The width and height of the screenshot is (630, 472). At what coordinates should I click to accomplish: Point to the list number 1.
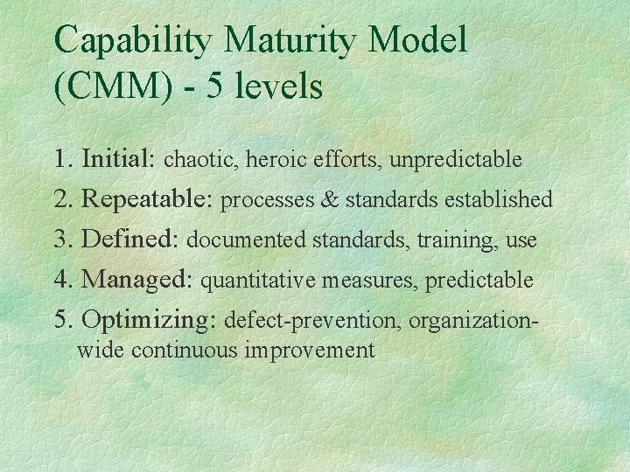point(60,160)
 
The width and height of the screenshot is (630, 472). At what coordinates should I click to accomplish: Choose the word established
point(499,200)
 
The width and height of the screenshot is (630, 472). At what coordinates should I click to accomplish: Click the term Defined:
point(131,239)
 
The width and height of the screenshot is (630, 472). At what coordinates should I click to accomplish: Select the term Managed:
point(138,280)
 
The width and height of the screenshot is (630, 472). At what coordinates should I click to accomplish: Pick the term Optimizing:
point(149,321)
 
